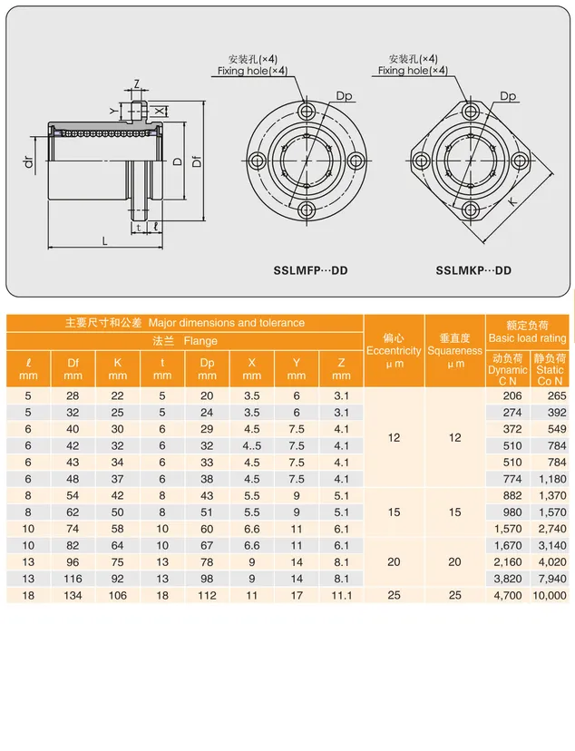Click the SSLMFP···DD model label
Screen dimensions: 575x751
click(310, 270)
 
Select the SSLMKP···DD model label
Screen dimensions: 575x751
click(473, 270)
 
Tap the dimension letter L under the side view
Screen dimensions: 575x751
click(105, 241)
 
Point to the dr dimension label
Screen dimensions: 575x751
click(29, 161)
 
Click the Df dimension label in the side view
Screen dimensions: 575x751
click(196, 161)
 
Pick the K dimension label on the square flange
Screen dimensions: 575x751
click(512, 202)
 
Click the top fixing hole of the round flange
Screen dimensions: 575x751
click(306, 112)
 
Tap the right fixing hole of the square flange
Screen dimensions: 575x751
click(520, 160)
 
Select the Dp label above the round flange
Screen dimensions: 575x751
click(344, 96)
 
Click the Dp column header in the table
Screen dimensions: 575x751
click(207, 369)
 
